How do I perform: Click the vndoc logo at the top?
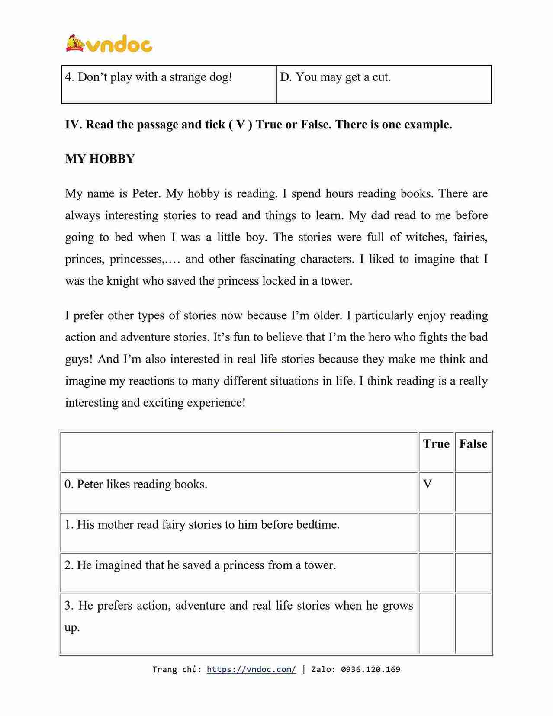point(109,44)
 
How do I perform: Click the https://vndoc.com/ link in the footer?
point(251,669)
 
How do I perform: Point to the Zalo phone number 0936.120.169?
point(370,669)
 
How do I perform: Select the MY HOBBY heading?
point(100,159)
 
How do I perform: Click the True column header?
point(436,444)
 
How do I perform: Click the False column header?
point(473,444)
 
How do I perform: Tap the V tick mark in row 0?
point(428,484)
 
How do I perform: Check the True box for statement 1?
point(436,533)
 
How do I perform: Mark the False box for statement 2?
point(473,573)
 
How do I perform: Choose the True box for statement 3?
point(436,623)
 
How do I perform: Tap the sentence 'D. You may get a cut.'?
point(335,77)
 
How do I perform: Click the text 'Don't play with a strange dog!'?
point(154,77)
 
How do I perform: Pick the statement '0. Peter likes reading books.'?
point(136,484)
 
